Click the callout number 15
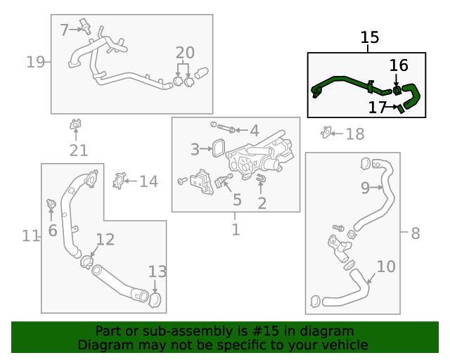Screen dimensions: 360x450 coord(370,38)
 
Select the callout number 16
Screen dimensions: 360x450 coord(398,65)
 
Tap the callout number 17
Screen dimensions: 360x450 coord(378,107)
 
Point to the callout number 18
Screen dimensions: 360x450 coord(355,134)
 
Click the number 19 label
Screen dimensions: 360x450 coord(35,62)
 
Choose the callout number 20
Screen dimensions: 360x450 coord(184,53)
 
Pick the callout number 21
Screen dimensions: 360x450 coord(78,150)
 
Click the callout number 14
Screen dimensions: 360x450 coord(148,181)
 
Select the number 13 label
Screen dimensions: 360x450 coord(157,271)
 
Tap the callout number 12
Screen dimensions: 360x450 coord(105,240)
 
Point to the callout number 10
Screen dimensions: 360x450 coord(386,266)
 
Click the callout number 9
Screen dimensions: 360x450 coord(365,187)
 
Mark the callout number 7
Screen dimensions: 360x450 coord(65,30)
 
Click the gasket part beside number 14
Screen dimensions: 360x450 coord(119,181)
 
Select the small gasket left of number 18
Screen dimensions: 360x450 coord(326,132)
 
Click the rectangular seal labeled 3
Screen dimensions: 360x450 coord(218,148)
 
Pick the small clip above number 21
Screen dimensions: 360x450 coord(75,126)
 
